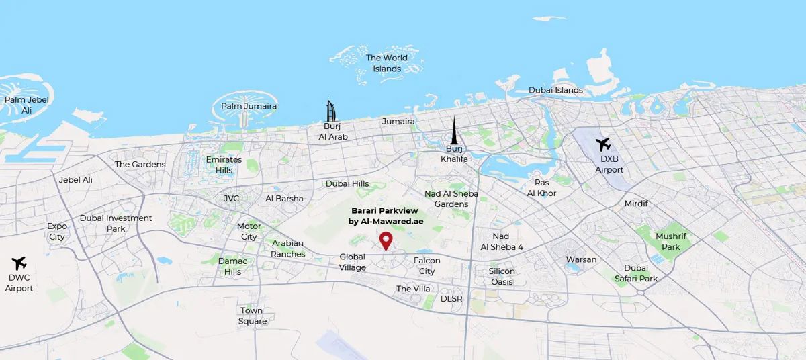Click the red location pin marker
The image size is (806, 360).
point(386,240)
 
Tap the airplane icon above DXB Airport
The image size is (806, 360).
point(603,144)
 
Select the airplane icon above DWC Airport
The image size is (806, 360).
point(19,262)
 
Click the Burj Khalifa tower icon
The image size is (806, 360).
point(454,131)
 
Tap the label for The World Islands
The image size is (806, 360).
point(387,63)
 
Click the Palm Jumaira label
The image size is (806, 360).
point(249,106)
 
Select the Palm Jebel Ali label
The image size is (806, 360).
point(27,105)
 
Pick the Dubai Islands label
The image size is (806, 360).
point(555,90)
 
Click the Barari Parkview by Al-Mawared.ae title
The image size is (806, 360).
point(384,216)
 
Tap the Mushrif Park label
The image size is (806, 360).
point(668,242)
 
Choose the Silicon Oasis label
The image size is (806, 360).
point(502,277)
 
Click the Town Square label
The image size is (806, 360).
point(253,316)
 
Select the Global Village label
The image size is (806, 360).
point(353,262)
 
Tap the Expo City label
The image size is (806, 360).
point(57,232)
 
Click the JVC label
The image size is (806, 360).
point(231,199)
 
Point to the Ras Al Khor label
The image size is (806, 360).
point(542,188)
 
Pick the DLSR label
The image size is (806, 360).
point(451,298)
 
